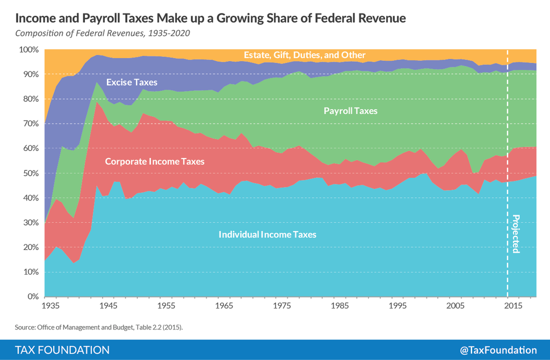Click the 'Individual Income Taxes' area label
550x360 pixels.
coord(267,235)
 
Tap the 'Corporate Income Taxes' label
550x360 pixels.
coord(155,161)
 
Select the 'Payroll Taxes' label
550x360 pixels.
coord(351,111)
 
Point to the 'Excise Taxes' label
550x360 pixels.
coord(132,82)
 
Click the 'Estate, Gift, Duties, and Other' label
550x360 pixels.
coord(305,55)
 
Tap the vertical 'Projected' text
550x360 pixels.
coord(516,234)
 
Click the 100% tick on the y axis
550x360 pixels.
coord(28,49)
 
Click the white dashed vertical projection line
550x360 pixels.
coord(508,161)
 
